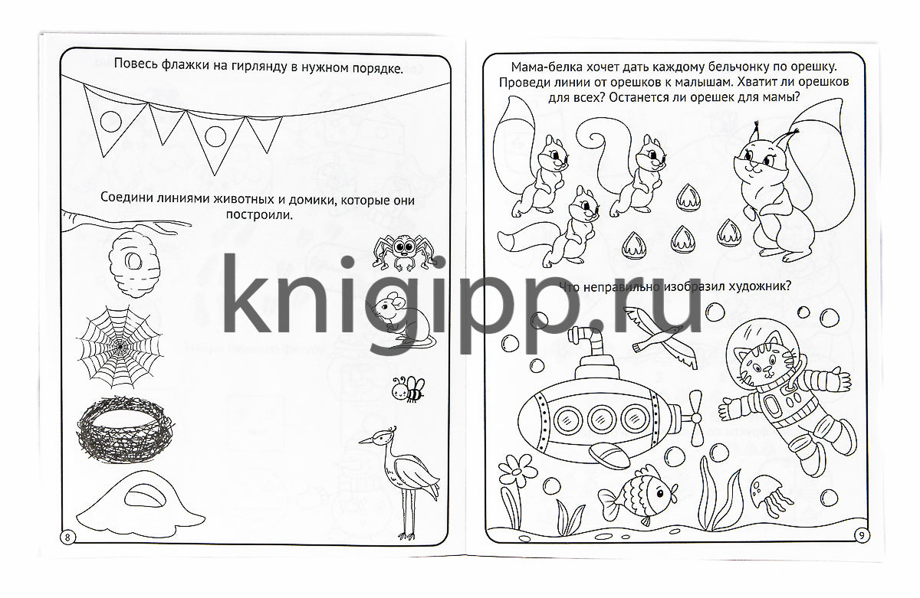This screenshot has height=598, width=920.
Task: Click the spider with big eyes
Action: tap(405, 253)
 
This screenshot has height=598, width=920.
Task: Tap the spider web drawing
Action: tap(120, 347)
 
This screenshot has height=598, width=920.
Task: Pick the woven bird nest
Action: tap(124, 429)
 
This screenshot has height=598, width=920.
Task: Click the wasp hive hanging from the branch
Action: tap(134, 263)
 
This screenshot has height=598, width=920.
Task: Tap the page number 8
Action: tap(67, 538)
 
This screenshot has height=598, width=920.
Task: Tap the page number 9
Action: tap(862, 535)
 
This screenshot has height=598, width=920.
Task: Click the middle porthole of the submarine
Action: tap(602, 419)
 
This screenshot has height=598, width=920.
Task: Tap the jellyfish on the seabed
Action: tap(770, 495)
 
